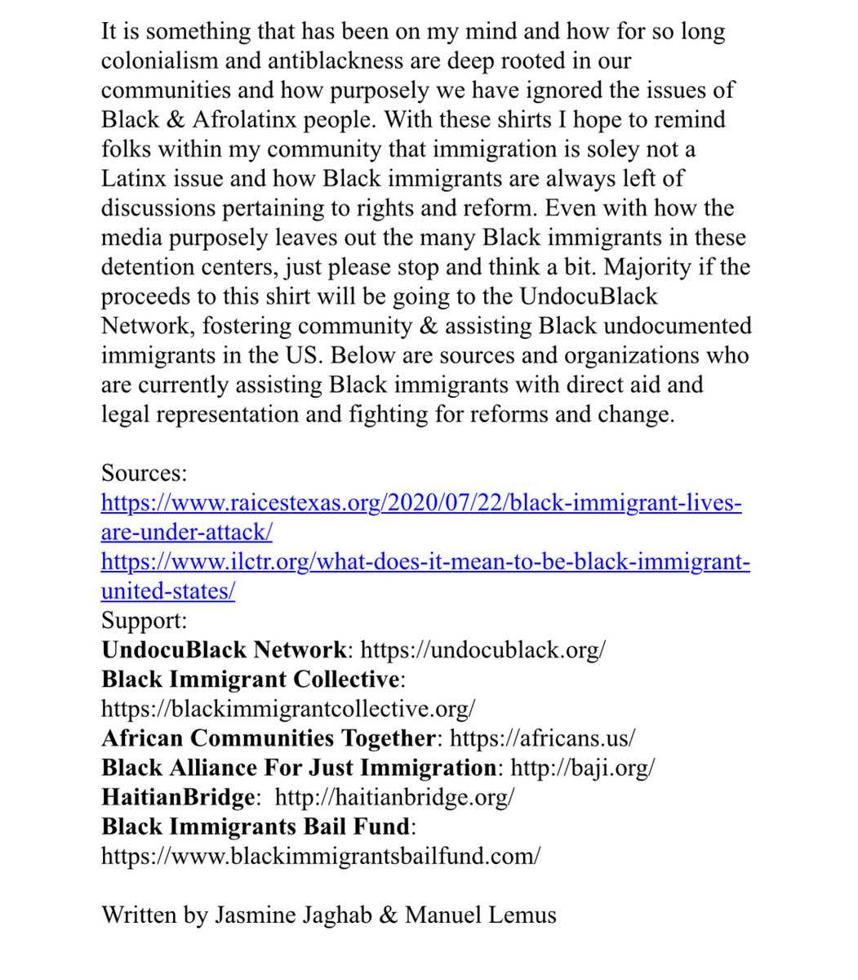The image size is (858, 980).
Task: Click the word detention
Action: click(151, 267)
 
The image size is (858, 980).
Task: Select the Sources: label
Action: click(144, 473)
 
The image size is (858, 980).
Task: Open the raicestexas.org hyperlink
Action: click(421, 502)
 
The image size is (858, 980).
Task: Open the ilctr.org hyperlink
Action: click(425, 562)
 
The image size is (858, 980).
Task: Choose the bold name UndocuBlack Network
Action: click(224, 650)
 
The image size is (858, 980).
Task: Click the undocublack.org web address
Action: click(483, 650)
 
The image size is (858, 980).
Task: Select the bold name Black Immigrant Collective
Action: click(251, 679)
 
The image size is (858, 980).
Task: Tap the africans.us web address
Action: click(542, 738)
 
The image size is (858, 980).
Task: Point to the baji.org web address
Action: click(582, 768)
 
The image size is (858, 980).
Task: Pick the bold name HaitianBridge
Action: click(178, 797)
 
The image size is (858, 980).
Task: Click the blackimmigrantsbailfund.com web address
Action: click(321, 856)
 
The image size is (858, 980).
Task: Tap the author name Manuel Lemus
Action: click(480, 915)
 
